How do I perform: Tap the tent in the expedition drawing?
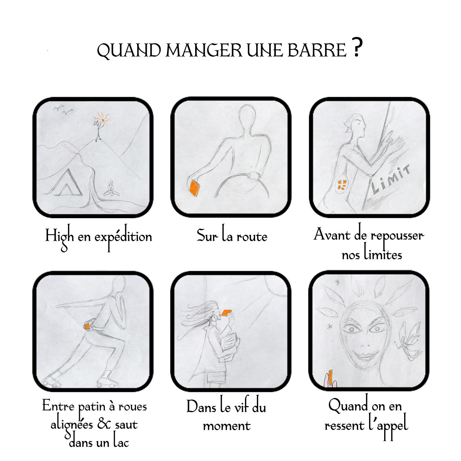[x=66, y=182]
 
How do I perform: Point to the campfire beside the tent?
[x=111, y=188]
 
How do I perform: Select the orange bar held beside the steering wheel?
[x=195, y=188]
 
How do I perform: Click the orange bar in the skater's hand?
[x=87, y=326]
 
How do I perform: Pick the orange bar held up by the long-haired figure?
[x=227, y=313]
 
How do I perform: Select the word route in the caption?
[x=252, y=237]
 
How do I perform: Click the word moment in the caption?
[x=227, y=426]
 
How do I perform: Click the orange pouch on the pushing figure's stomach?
[x=342, y=186]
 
